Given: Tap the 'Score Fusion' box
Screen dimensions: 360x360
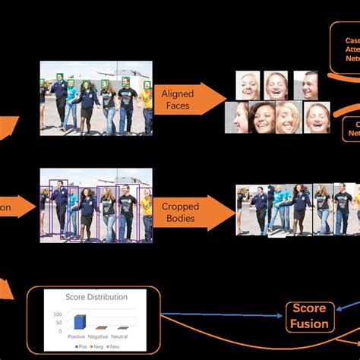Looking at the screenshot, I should (309, 316).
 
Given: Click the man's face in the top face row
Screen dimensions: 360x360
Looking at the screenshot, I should (305, 86).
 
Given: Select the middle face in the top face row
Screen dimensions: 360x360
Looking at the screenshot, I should (276, 86).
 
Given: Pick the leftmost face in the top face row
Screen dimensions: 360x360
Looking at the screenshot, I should (249, 86).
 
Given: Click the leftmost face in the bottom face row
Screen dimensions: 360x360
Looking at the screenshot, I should (238, 118).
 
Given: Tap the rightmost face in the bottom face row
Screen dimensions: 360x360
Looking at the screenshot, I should (317, 118).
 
